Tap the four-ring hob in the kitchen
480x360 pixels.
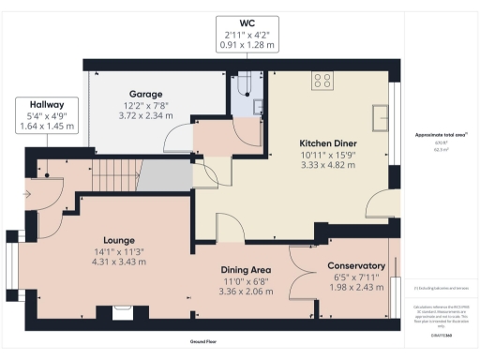(323, 82)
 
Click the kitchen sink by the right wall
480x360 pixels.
(382, 116)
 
